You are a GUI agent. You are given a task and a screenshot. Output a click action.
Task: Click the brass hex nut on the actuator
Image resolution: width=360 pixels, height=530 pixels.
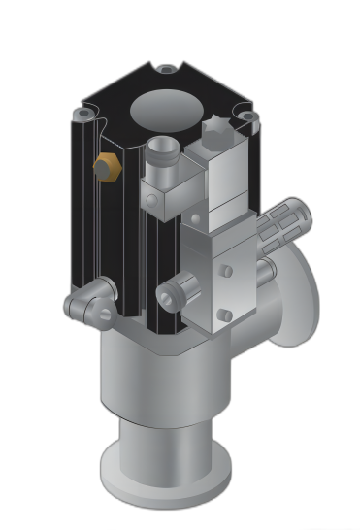(x=105, y=166)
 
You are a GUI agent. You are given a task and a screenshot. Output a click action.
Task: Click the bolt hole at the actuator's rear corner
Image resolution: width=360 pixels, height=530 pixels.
(x=167, y=69)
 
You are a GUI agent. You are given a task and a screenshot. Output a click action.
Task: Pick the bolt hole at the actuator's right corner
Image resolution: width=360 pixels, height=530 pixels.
(x=247, y=116)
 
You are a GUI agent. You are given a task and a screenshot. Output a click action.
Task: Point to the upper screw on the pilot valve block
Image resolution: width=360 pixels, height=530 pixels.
(x=225, y=271)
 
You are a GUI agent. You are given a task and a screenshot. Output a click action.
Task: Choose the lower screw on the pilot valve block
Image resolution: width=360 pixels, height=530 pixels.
(x=224, y=315)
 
